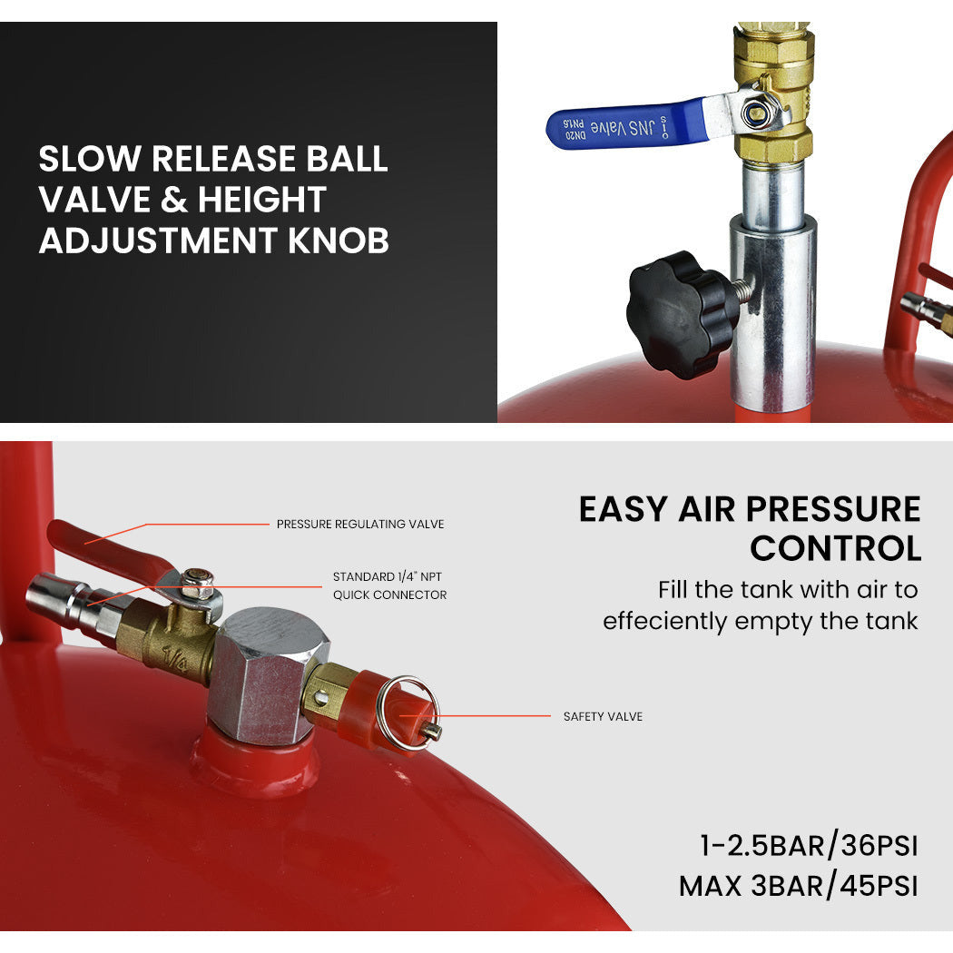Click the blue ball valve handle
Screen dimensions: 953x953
pos(626,124)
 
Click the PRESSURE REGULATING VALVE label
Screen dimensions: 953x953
pos(359,524)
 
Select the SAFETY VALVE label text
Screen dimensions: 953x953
pos(603,717)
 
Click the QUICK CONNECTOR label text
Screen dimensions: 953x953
pos(389,595)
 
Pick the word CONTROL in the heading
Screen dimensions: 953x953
pos(836,549)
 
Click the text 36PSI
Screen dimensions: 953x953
pos(879,845)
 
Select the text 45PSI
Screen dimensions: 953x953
pos(879,886)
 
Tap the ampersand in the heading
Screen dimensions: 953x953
pos(174,200)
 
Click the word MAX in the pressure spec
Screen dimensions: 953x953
pos(710,886)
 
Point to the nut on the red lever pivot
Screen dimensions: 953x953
pos(198,585)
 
